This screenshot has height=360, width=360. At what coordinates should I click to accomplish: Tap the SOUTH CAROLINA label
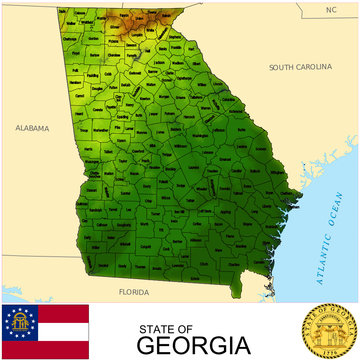point(300,67)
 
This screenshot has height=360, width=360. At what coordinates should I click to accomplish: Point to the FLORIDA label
point(132,292)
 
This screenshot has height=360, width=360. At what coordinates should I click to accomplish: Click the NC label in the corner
point(331,9)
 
